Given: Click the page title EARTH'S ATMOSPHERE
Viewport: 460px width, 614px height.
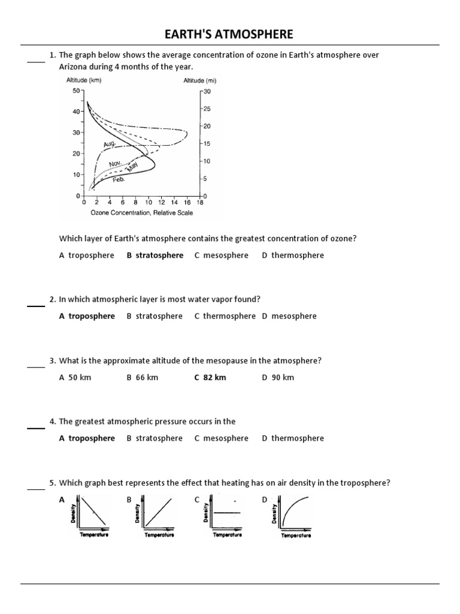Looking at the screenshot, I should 230,34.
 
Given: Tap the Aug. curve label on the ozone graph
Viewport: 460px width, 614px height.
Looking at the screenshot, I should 109,145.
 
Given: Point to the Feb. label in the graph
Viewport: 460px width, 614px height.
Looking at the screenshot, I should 119,179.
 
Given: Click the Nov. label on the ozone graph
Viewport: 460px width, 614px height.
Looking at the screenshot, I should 116,164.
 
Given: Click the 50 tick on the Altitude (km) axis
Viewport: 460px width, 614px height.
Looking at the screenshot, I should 76,91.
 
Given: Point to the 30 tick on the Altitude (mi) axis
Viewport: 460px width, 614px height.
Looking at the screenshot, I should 207,91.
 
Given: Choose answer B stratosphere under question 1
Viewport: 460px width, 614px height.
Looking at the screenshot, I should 155,255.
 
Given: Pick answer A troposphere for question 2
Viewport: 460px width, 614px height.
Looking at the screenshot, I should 87,316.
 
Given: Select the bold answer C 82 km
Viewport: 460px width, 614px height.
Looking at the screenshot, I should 210,377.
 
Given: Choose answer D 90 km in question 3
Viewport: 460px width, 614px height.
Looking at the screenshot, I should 278,377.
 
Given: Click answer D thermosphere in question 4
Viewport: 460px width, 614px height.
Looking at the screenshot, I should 292,438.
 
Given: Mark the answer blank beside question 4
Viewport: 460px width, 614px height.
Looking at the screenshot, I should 35,428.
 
